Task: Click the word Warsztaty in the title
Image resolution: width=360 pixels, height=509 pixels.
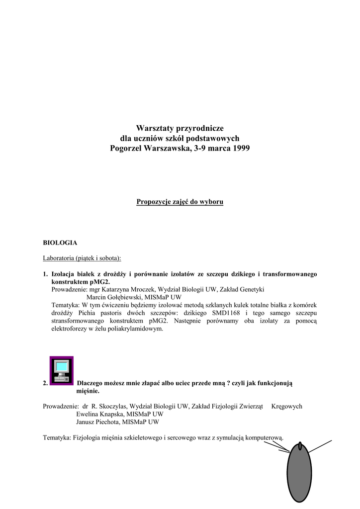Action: [x=153, y=128]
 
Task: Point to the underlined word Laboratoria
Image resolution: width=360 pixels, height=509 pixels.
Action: [x=60, y=258]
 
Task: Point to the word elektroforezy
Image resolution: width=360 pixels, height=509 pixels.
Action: [x=71, y=329]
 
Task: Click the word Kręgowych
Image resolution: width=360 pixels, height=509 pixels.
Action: [x=287, y=406]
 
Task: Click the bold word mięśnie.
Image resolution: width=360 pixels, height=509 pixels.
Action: [x=88, y=391]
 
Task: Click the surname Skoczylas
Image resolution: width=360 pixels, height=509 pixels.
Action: [x=110, y=406]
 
